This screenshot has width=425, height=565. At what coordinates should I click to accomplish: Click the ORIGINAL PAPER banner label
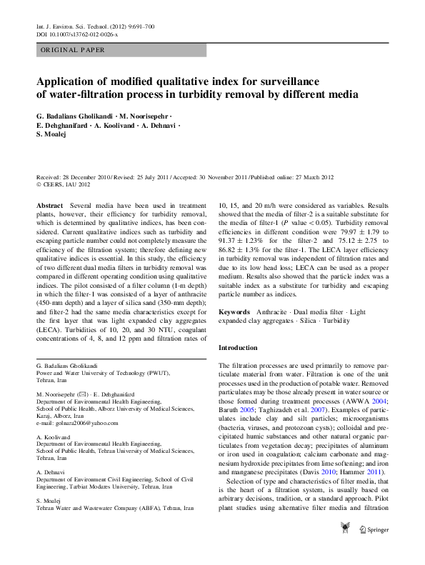click(72, 50)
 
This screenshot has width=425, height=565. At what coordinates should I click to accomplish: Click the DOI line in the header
click(77, 34)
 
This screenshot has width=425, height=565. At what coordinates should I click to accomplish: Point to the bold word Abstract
click(49, 205)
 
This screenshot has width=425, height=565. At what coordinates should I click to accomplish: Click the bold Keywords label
click(234, 312)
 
